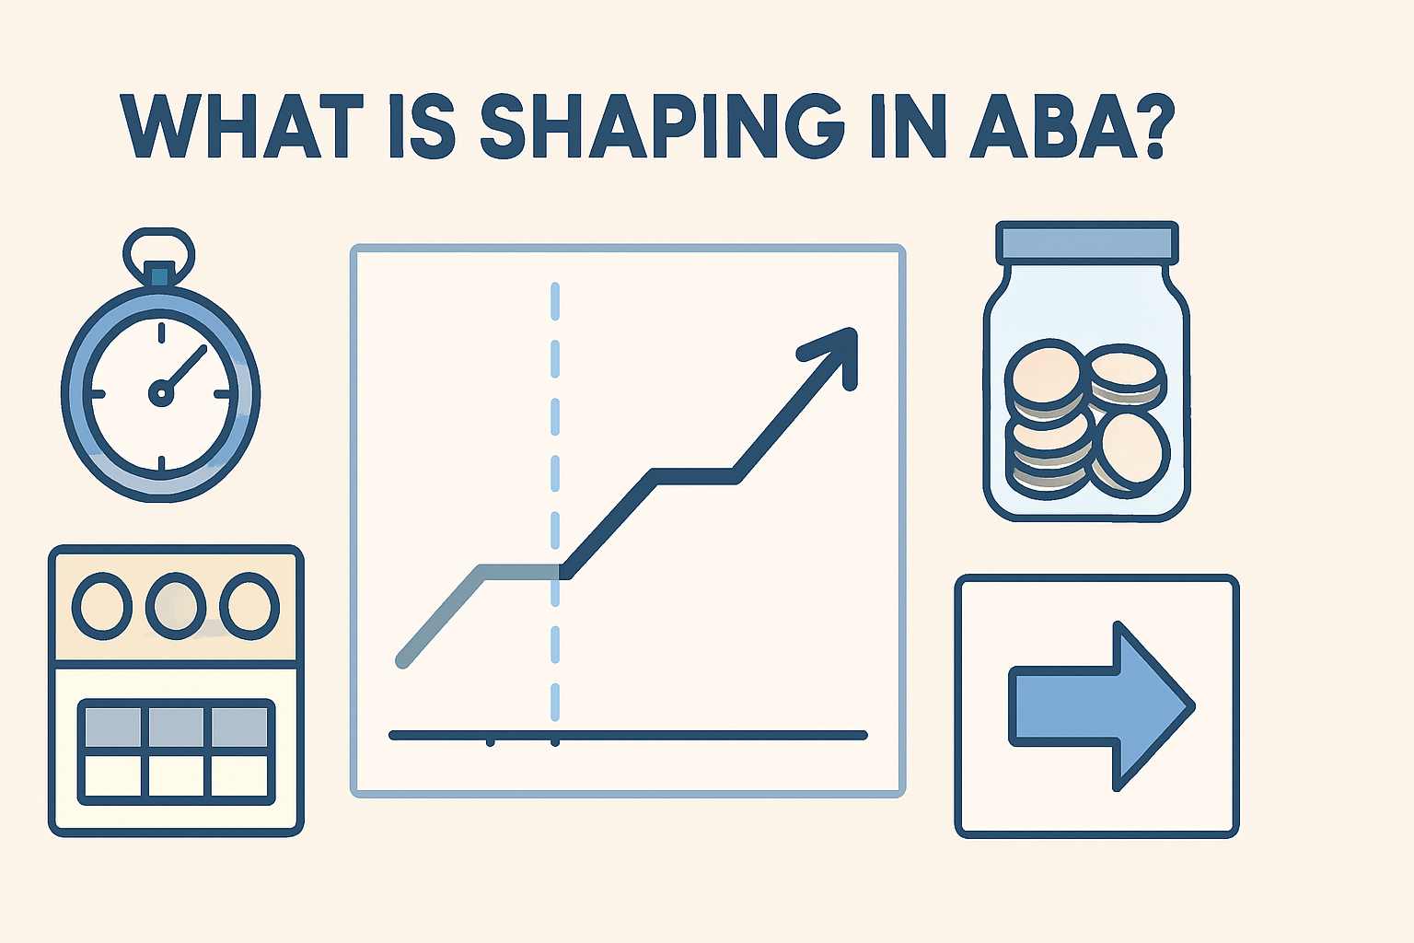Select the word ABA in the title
(1053, 125)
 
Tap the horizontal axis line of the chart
(700, 735)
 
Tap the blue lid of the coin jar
(1086, 242)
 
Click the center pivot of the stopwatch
(161, 394)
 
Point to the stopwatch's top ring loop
(159, 246)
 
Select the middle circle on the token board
(176, 607)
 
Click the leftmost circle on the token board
(102, 607)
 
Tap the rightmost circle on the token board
(249, 607)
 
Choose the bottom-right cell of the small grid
(239, 775)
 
